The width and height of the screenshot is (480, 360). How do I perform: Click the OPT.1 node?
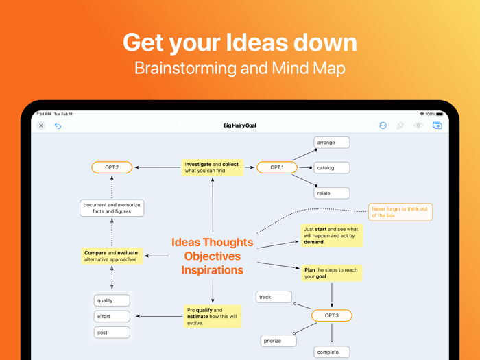[x=277, y=167]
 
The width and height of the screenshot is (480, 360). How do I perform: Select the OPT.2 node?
[x=112, y=167]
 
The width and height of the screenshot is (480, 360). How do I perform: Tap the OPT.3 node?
[x=332, y=315]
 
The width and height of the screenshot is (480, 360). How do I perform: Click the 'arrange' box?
[x=332, y=143]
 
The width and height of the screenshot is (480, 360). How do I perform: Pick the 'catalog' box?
[x=332, y=167]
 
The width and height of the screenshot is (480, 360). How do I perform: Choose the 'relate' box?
[x=332, y=193]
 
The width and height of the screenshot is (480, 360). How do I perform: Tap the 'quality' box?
[x=112, y=300]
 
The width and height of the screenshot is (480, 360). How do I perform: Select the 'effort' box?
[x=112, y=316]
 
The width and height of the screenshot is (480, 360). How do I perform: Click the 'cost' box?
[x=112, y=333]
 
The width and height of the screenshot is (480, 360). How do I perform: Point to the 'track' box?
[x=274, y=297]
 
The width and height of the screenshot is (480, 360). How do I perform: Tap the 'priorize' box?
[x=278, y=340]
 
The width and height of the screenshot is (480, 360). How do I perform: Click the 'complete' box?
[x=332, y=352]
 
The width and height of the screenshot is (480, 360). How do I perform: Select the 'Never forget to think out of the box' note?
[x=400, y=212]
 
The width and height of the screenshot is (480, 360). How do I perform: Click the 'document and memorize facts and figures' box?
[x=112, y=208]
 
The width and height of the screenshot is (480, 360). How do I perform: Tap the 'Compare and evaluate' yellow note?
[x=112, y=256]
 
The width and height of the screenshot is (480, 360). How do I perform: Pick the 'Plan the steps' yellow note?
[x=331, y=273]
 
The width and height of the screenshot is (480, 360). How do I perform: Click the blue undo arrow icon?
[x=58, y=125]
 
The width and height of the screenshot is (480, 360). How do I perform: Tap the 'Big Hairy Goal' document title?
[x=240, y=125]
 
